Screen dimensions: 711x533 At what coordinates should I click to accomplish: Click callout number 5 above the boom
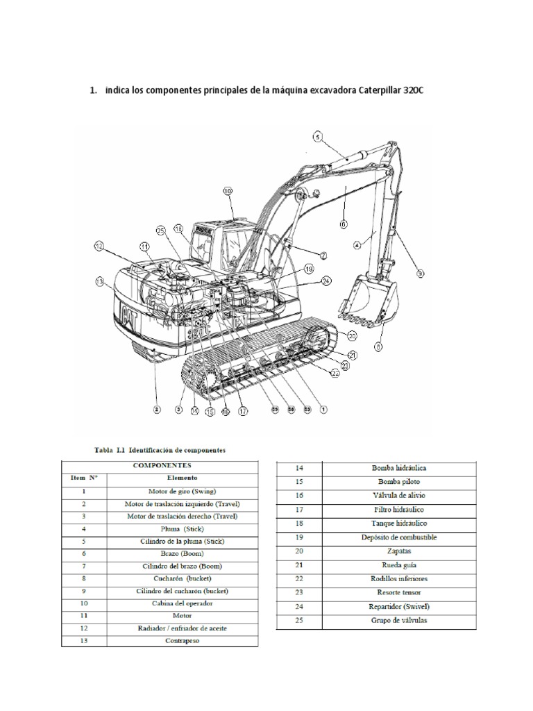coord(317,137)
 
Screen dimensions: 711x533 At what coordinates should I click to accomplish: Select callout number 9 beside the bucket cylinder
coord(420,274)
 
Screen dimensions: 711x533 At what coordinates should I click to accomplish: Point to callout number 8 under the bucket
coord(379,345)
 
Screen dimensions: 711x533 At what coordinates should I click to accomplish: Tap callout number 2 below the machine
coord(157,410)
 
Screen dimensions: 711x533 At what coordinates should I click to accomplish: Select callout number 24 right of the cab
coord(326,281)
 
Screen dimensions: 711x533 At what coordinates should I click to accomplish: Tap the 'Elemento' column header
coord(183,478)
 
